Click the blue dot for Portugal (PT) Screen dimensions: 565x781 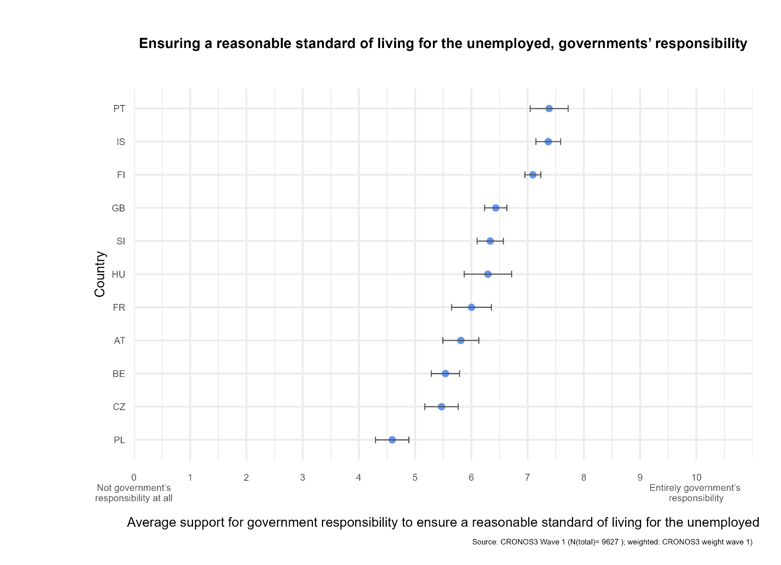549,108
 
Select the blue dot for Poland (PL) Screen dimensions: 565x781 392,440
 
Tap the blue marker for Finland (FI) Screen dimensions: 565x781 533,175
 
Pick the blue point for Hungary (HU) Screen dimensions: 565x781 488,274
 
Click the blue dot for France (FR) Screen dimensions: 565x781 472,307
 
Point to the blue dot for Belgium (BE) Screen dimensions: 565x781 445,374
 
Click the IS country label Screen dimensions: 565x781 121,142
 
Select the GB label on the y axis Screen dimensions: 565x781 118,208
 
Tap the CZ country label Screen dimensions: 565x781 119,407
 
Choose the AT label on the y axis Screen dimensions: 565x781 120,341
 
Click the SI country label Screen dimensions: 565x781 121,242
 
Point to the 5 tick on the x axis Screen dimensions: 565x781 415,478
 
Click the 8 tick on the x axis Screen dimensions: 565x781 584,478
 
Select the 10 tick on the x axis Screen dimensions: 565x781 696,478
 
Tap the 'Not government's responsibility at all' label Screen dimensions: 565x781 134,493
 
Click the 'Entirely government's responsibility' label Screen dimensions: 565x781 695,493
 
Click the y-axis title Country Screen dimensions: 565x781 100,274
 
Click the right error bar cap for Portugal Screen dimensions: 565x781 568,108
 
